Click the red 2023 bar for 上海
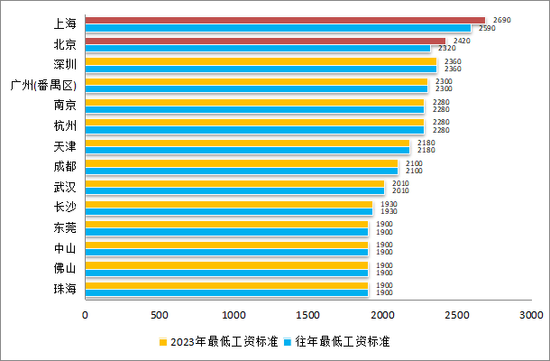[x=285, y=20]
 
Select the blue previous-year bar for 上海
[x=278, y=28]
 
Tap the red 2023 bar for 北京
[x=265, y=41]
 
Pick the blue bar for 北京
[x=258, y=49]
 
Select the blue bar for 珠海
[x=226, y=292]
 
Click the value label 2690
[x=503, y=20]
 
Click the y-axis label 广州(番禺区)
[x=42, y=86]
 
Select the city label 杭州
[x=65, y=125]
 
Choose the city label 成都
[x=65, y=166]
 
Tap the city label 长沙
[x=65, y=208]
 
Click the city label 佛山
[x=65, y=268]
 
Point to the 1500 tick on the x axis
[x=308, y=315]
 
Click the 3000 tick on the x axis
[x=531, y=315]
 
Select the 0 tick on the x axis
[x=86, y=315]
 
